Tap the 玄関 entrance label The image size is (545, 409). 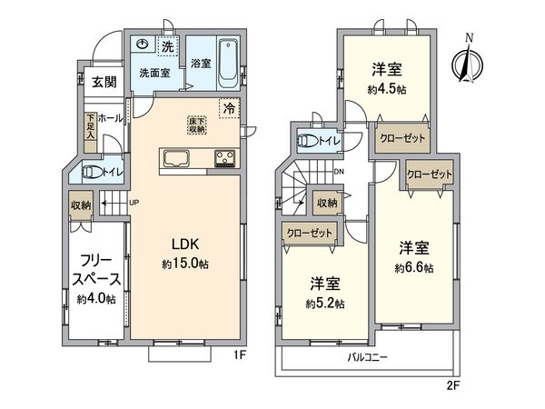tap(104, 82)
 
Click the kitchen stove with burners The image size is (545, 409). tap(224, 160)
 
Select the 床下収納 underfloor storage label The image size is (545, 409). tap(197, 125)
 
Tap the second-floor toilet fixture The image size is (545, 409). tap(309, 141)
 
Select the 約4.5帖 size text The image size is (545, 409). tap(387, 90)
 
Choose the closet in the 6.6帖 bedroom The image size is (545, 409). tap(429, 173)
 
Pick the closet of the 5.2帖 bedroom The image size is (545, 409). tap(308, 233)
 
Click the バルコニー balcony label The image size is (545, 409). tap(368, 357)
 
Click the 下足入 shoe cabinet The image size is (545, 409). tap(91, 126)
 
